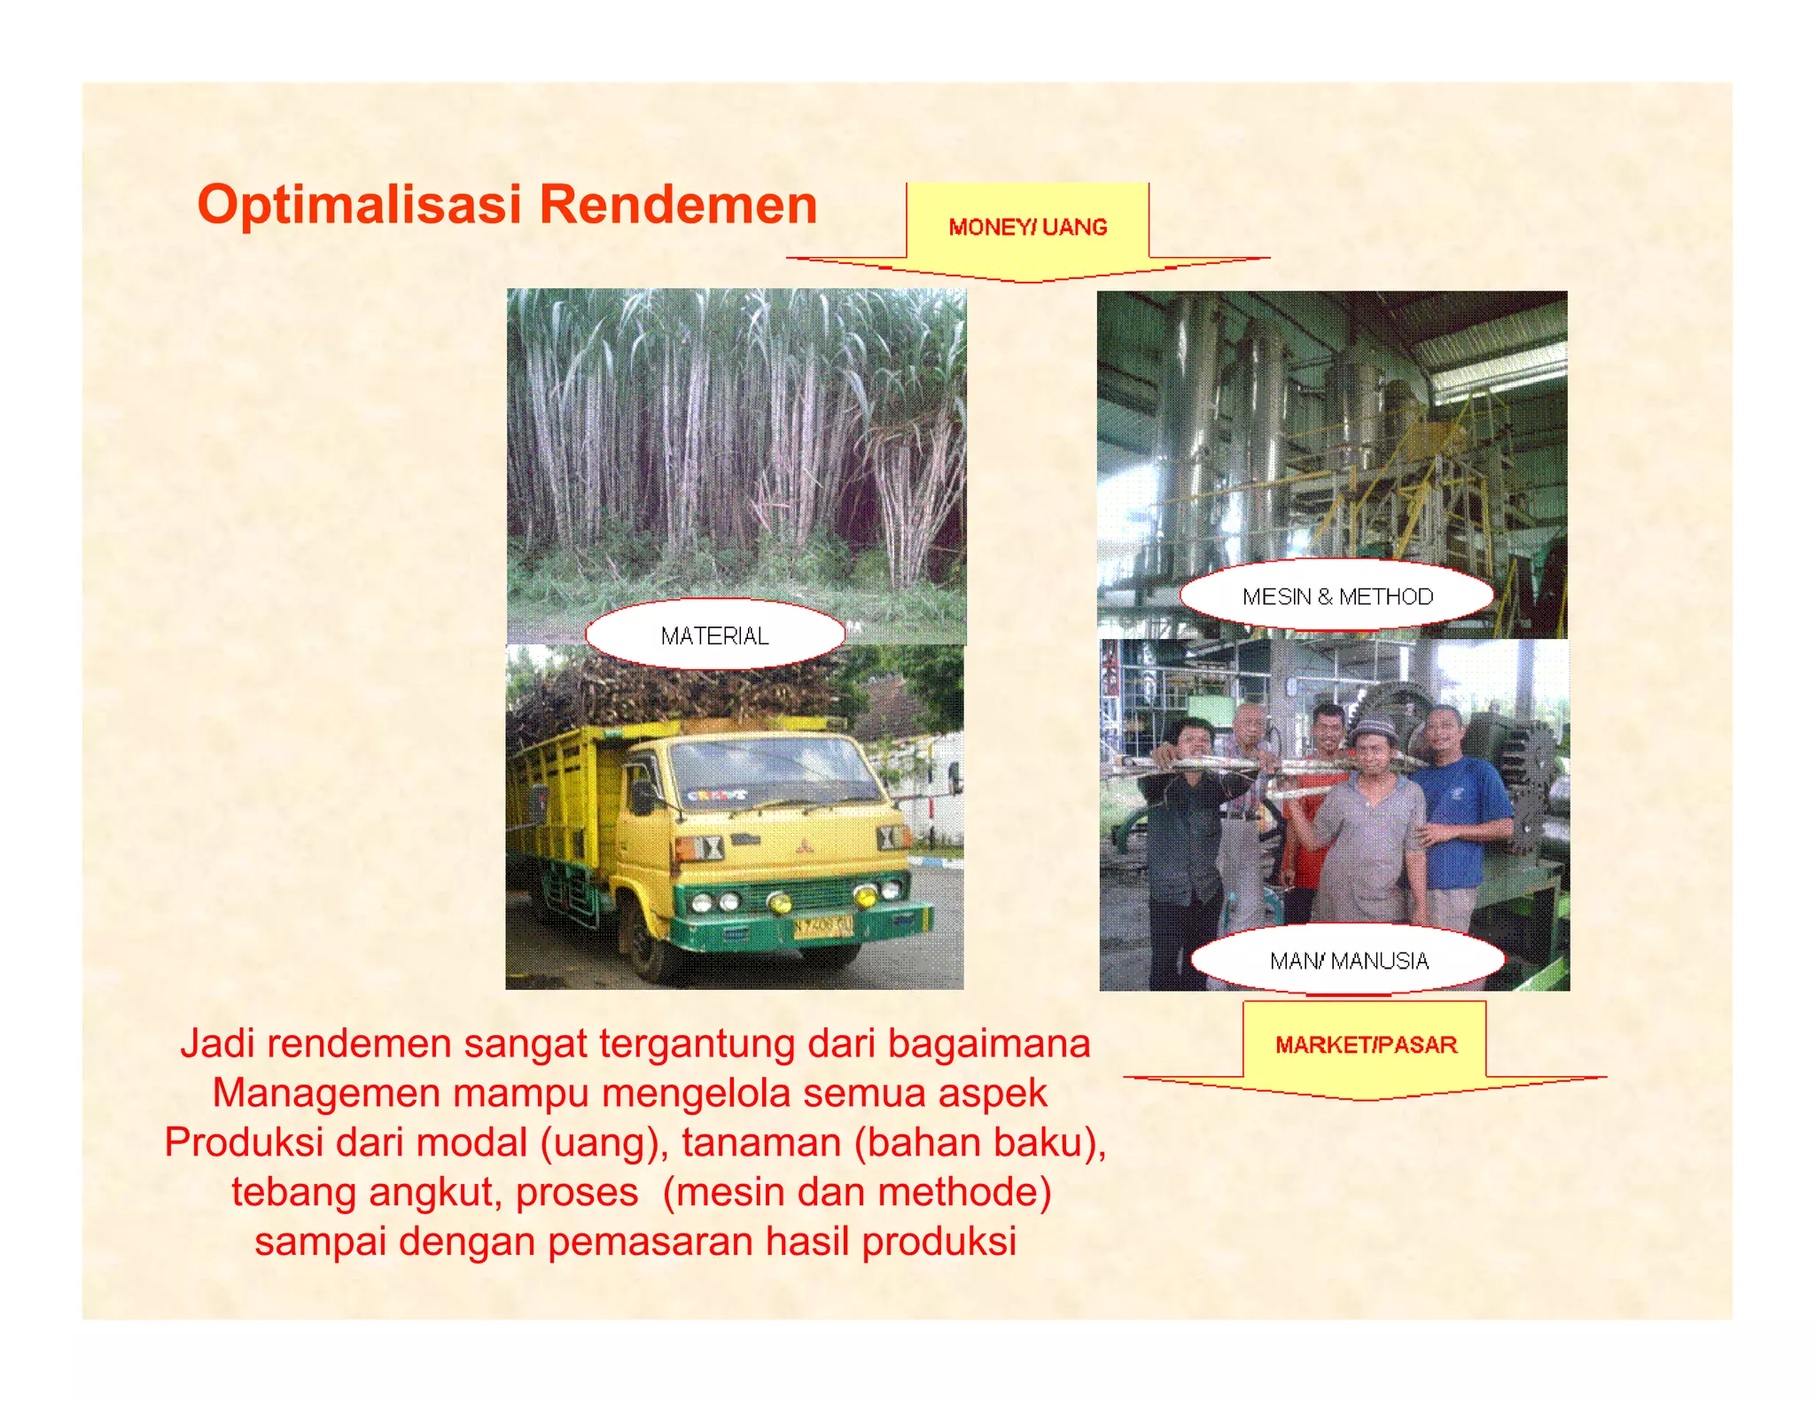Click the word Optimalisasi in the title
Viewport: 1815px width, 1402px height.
pyautogui.click(x=359, y=206)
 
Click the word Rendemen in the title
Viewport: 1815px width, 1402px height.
pyautogui.click(x=678, y=206)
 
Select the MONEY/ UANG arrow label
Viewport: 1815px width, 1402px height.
pyautogui.click(x=1028, y=228)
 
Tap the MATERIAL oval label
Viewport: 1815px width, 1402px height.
pyautogui.click(x=714, y=635)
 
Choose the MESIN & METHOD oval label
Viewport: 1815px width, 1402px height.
pyautogui.click(x=1337, y=596)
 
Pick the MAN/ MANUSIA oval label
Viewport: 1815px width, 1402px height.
pyautogui.click(x=1349, y=961)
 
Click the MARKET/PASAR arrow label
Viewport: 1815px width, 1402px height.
pyautogui.click(x=1366, y=1045)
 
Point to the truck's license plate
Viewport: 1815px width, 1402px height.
pyautogui.click(x=822, y=927)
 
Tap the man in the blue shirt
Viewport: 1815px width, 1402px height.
pyautogui.click(x=1458, y=811)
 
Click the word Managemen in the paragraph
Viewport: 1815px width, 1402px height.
pyautogui.click(x=326, y=1093)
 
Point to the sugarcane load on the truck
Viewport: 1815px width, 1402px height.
pyautogui.click(x=674, y=687)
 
